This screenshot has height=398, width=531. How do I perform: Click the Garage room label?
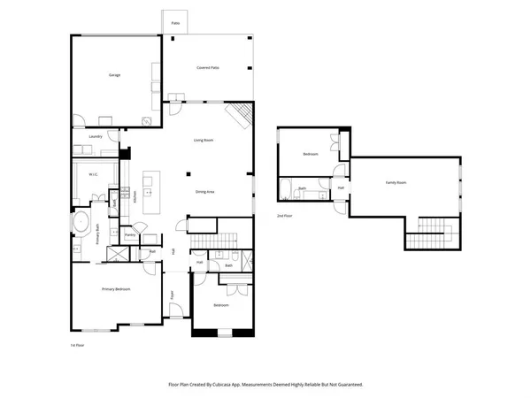coord(114,75)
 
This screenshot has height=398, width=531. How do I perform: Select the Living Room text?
coord(204,141)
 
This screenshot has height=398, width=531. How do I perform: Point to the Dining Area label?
coord(205,191)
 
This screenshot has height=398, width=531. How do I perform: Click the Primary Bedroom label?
coord(116,289)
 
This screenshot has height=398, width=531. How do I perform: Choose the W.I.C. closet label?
coord(93,174)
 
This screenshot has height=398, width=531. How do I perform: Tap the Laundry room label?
coord(96,136)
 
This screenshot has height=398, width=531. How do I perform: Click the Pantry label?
coord(129,235)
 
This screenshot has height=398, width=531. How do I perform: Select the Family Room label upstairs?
coord(396,182)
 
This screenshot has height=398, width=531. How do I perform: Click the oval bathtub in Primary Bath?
coord(81,221)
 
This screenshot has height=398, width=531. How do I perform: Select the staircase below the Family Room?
coord(433,230)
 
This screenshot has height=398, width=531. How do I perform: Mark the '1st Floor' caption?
coord(77,345)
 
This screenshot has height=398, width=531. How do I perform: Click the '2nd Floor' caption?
coord(284,216)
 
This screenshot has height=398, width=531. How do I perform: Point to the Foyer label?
coord(173,296)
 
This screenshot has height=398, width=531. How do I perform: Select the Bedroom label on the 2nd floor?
coord(310,154)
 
